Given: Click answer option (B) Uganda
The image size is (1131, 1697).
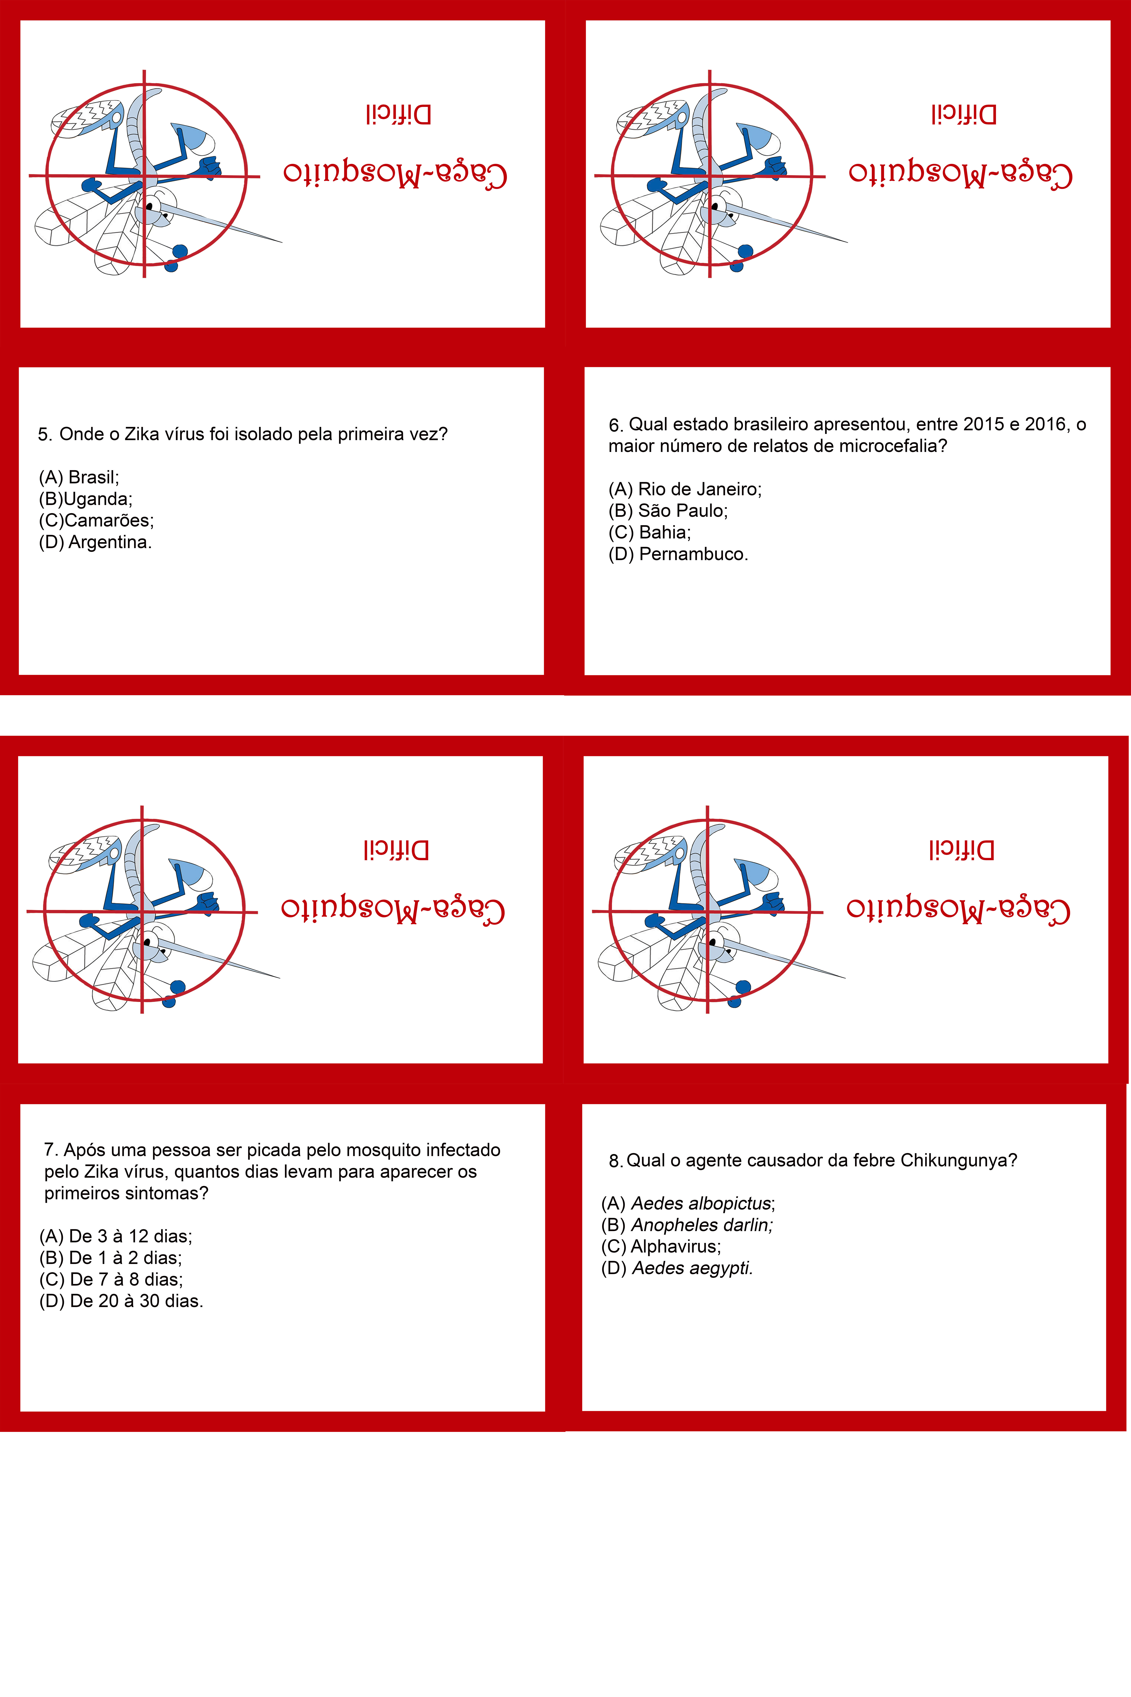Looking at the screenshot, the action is [x=86, y=499].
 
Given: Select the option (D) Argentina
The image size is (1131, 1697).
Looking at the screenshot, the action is [x=95, y=542].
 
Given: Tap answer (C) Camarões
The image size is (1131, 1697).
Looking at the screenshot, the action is [x=97, y=520].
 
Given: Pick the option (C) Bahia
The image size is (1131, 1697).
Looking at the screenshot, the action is [x=650, y=532].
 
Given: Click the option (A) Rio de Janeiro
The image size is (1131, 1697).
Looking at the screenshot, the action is [x=685, y=489].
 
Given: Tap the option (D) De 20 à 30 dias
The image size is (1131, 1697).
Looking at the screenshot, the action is [x=121, y=1301].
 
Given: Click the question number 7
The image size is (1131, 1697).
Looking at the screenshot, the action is [x=51, y=1149].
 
